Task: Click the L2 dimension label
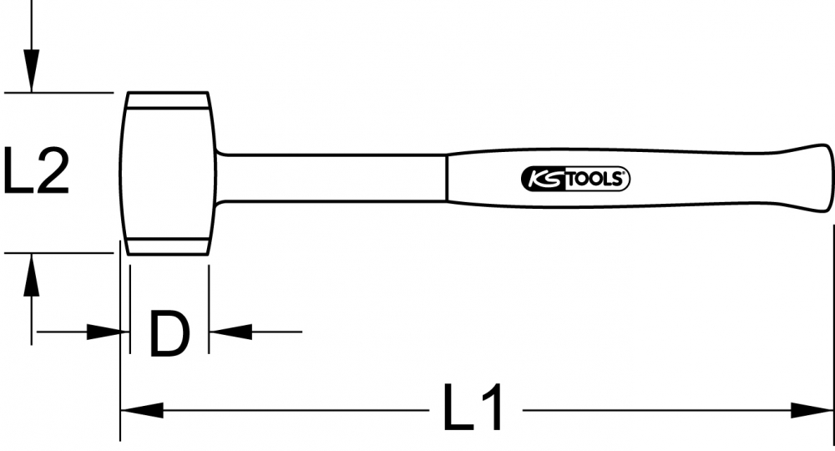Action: [x=36, y=170]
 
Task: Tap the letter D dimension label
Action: [x=170, y=334]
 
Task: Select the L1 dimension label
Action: [x=473, y=407]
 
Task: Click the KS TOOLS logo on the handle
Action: [x=575, y=179]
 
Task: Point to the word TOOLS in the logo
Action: [x=593, y=180]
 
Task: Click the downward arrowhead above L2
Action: [x=32, y=71]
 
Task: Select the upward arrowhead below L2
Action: [x=32, y=274]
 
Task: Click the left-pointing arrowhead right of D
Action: [x=230, y=332]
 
